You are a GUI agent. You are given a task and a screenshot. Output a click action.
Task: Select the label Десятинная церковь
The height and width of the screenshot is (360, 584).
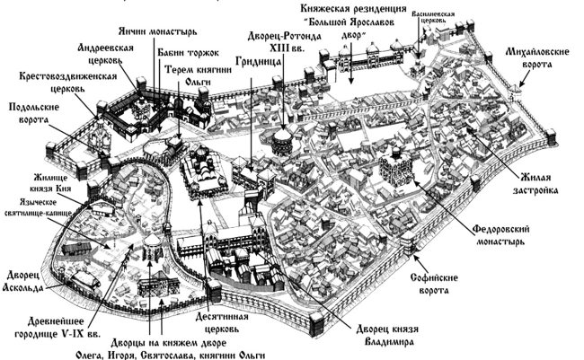pyautogui.click(x=230, y=322)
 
